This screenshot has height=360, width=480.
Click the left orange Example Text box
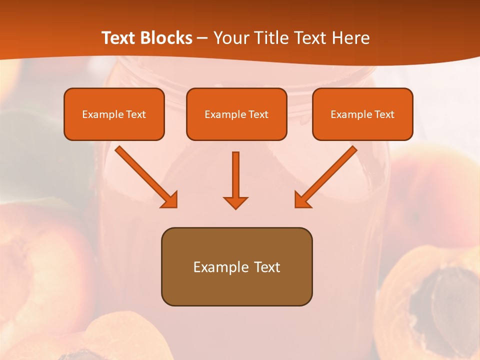pos(114,114)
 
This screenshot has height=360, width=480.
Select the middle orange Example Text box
pos(236,114)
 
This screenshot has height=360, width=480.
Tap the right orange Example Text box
pos(362,114)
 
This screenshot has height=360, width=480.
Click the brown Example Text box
pos(236,266)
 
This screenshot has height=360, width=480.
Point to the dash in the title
pos(202,38)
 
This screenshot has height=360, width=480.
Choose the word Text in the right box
pos(384,114)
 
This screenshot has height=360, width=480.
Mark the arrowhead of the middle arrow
pos(235,203)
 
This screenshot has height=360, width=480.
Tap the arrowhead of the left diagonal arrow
pos(170,200)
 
